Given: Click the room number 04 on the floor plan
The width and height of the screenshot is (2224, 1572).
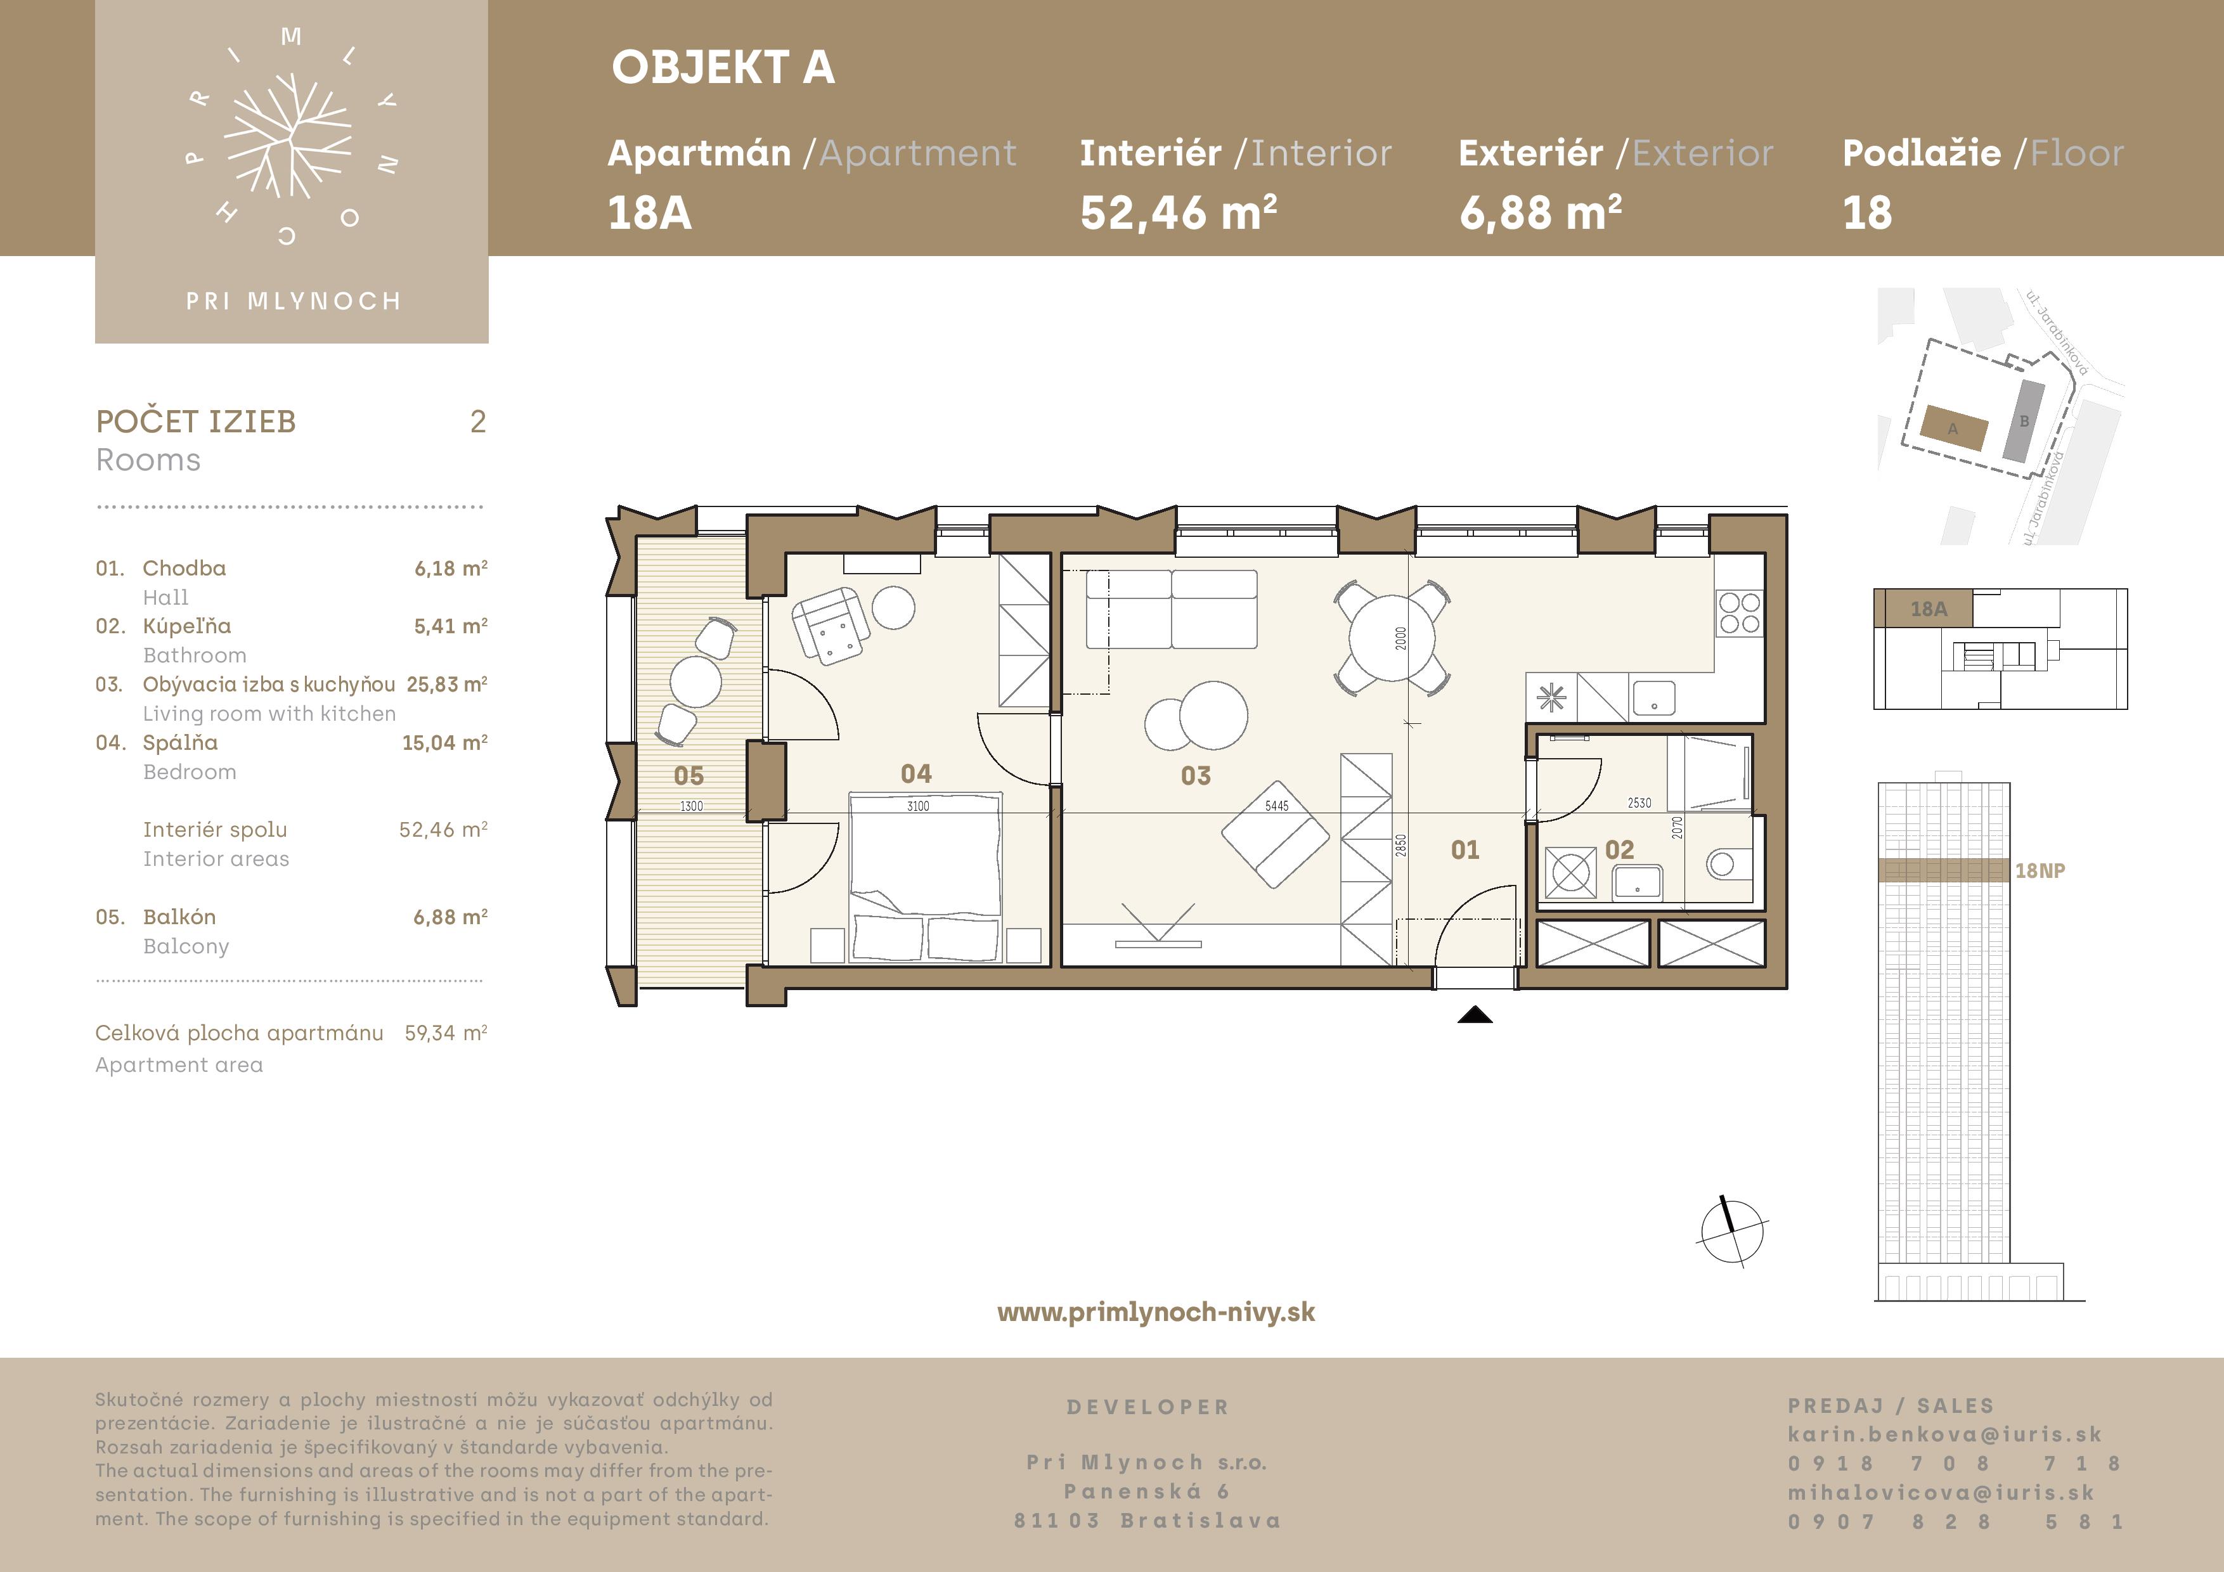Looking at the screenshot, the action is (x=915, y=774).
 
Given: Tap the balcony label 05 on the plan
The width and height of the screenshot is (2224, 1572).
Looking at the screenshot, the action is (x=689, y=776).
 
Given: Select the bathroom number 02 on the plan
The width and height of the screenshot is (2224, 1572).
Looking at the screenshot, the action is (x=1620, y=851).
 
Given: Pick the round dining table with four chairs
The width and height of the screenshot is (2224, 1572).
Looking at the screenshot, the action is (x=1392, y=637).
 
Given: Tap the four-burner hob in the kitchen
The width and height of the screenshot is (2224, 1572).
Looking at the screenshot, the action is (x=1740, y=613).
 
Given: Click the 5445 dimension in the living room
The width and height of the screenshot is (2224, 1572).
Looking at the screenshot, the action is (x=1277, y=806).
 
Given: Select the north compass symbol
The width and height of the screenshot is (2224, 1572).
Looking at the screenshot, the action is (x=1732, y=1232).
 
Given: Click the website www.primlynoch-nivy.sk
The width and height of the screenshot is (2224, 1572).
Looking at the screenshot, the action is (x=1156, y=1312).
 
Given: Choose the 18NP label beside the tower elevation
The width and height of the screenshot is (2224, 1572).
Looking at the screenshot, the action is (x=2040, y=871).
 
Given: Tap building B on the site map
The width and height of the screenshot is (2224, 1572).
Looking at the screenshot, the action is (x=2024, y=420).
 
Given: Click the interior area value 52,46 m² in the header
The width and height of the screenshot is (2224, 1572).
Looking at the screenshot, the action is (x=1179, y=212).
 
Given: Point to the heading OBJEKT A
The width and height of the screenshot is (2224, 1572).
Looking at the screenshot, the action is (x=723, y=67).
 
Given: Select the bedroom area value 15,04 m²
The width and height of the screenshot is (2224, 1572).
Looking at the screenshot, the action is (x=444, y=743).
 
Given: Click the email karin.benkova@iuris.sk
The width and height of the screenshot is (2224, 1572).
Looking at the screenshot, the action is (x=1945, y=1434).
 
